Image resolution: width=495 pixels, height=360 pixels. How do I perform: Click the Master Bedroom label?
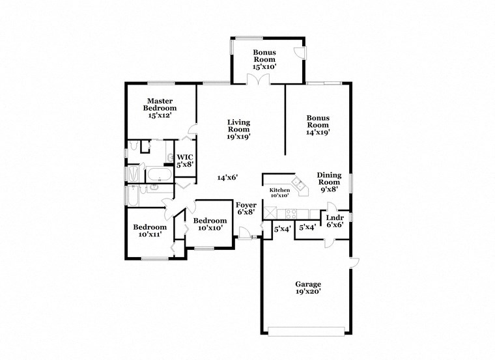point(160,108)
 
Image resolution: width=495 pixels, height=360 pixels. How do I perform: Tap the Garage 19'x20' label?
point(308,288)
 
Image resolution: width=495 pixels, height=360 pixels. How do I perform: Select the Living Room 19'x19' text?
point(238,129)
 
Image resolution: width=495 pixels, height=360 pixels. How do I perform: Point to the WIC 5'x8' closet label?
point(185,161)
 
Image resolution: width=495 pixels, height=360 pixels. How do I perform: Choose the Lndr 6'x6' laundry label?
point(335,220)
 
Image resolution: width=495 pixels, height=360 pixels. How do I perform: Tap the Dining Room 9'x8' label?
point(329,183)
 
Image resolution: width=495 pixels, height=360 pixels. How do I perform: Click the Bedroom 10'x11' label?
point(150,231)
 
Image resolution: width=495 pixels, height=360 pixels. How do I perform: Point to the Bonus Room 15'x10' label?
point(264,59)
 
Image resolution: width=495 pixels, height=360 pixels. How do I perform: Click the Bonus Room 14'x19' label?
point(318,124)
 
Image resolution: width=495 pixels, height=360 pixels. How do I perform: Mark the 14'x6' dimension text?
point(227,177)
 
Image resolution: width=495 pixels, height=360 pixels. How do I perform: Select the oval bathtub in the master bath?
point(159,174)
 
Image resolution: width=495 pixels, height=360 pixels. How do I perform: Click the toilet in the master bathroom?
point(133,146)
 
